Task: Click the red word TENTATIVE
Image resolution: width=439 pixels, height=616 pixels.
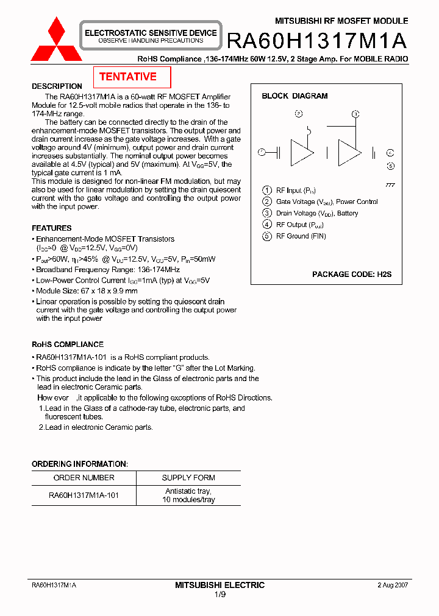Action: [x=128, y=77]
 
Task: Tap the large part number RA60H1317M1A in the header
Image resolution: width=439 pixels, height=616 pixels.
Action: [x=316, y=40]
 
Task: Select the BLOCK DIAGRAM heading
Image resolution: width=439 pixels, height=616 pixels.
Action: [x=294, y=96]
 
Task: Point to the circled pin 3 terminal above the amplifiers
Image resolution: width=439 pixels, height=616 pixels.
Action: [x=356, y=114]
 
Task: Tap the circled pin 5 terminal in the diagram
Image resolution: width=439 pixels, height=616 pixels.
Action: [x=391, y=166]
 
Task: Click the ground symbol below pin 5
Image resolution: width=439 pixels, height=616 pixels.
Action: [x=390, y=184]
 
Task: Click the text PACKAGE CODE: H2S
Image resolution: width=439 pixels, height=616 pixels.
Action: [x=352, y=275]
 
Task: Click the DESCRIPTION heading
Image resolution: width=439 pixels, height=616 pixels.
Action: [x=57, y=86]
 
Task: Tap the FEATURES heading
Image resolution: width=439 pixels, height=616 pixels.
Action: [x=52, y=228]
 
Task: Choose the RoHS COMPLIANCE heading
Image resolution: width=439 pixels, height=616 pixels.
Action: [x=68, y=345]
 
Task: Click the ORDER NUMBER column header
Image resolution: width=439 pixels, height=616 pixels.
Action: [x=84, y=478]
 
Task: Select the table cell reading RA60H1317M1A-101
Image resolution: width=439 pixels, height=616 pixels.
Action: [x=84, y=495]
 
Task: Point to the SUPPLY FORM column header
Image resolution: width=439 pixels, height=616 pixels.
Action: [x=188, y=478]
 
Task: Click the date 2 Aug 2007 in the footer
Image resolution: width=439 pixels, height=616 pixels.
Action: [x=393, y=585]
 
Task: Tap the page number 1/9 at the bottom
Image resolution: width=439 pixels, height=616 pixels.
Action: [x=220, y=594]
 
